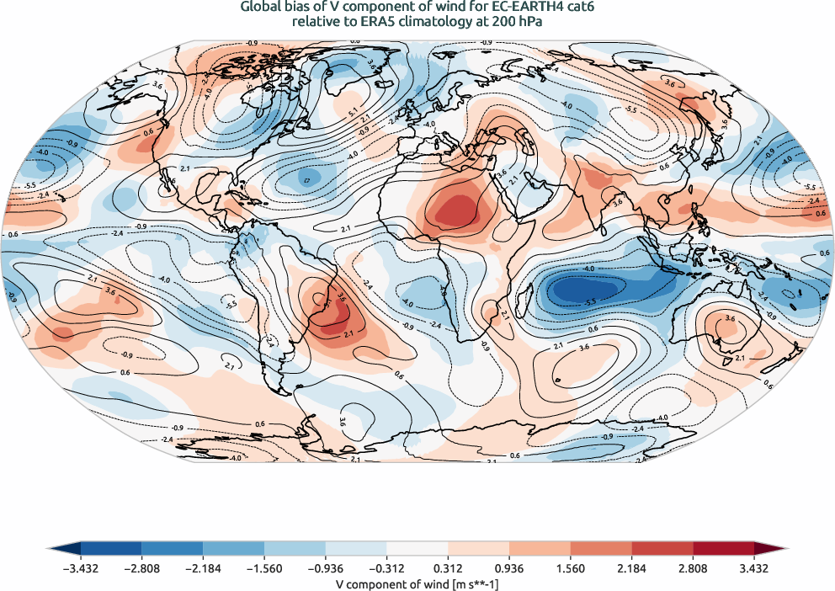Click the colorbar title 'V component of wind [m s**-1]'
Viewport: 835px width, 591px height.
(417, 583)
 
